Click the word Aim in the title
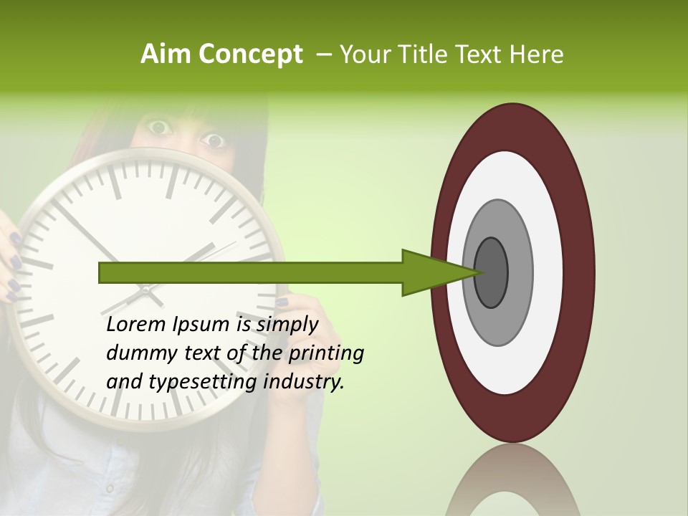pos(166,54)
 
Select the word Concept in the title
pos(250,55)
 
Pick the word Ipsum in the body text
pos(201,325)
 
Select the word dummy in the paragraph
pos(135,353)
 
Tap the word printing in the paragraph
pos(325,354)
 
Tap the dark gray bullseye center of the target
pos(491,273)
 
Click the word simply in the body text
pos(287,325)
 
